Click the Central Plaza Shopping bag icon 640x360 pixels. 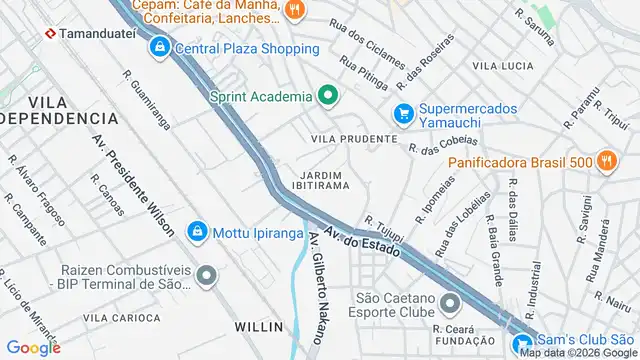[160, 47]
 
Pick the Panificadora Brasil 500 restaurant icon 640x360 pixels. [606, 162]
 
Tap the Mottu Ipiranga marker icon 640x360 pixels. [198, 231]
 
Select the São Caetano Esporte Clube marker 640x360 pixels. [450, 301]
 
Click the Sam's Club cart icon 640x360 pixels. [522, 345]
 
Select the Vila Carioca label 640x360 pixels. [121, 317]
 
